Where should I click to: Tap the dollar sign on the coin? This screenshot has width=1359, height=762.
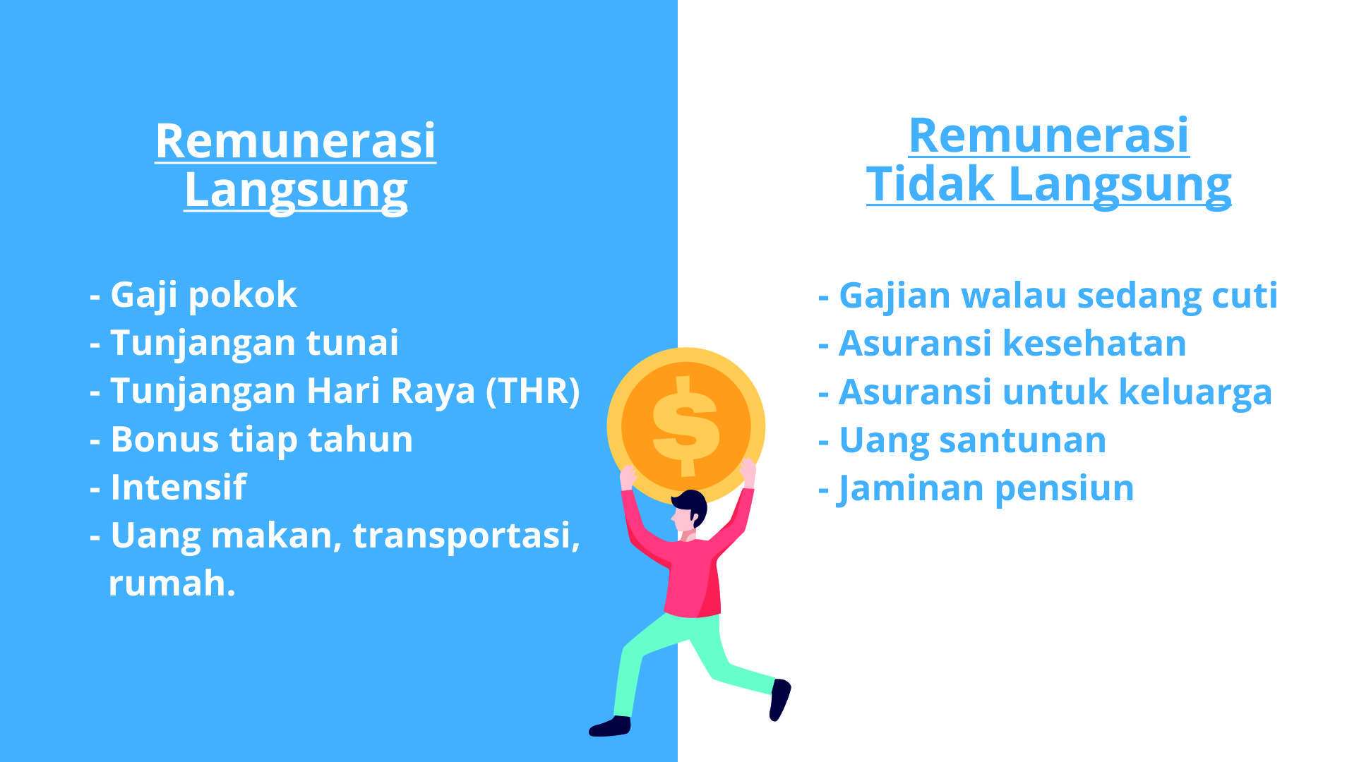coord(686,426)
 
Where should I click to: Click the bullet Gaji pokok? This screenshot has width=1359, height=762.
coord(193,296)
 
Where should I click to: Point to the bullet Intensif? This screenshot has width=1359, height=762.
coord(168,488)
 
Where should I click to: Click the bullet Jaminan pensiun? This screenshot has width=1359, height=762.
coord(976,488)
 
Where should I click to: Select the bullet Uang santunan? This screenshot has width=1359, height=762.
coord(962,440)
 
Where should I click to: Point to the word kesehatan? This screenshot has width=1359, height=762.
coord(1094,344)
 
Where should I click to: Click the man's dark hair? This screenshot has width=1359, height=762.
coord(691,504)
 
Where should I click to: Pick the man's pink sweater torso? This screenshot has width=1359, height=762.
coord(693,576)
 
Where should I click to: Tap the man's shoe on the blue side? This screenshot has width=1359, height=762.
coord(611,726)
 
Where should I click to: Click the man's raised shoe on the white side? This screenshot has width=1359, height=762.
coord(779,699)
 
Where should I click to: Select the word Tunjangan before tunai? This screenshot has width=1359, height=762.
coord(203,344)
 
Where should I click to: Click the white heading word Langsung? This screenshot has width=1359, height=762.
coord(296,190)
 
